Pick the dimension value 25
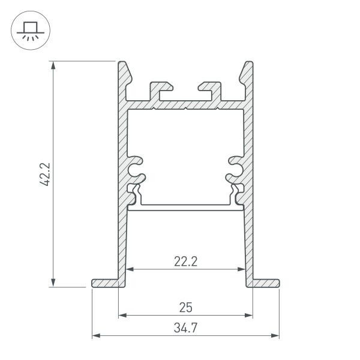coord(185,308)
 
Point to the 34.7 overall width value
coord(185,328)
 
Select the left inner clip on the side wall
coord(137,169)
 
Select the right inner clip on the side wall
coord(234,169)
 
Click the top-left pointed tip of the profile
coord(122,64)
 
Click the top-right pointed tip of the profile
coord(248,64)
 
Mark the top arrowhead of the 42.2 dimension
coord(55,65)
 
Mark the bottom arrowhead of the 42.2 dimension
coord(55,283)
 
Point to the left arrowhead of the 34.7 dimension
coord(95,335)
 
